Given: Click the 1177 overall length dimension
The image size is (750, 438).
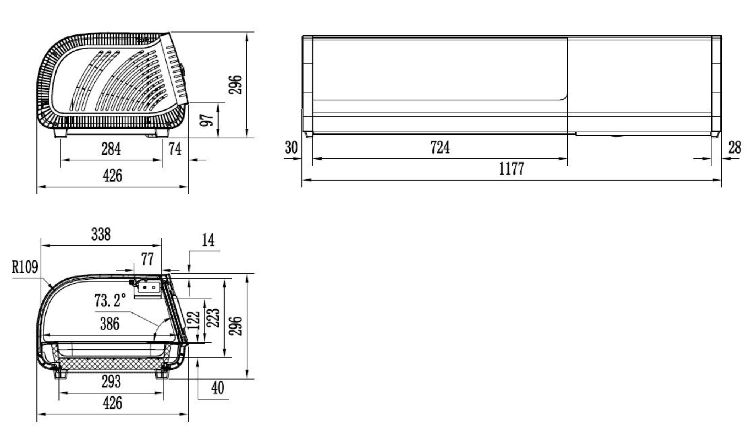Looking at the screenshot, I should pos(511,169).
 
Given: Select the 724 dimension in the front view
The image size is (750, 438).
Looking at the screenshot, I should pos(439,147).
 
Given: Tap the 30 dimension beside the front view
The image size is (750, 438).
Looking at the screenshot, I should pos(291,147).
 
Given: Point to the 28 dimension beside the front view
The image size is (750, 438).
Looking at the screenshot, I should pos(734,147).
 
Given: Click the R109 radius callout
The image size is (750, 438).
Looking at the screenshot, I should pos(25,267).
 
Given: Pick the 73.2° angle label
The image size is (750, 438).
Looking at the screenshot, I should pos(109,300).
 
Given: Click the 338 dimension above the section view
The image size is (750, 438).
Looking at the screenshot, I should pos(101,235).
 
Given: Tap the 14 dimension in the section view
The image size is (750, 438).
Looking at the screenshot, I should pos(208,240).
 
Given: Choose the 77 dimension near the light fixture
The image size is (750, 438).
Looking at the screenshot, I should pos(147,259).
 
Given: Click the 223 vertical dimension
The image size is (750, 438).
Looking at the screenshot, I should pos(214,318).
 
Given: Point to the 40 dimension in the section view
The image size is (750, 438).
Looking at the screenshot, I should pos(217,388).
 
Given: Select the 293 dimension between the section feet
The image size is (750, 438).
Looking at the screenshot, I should pos(111,382).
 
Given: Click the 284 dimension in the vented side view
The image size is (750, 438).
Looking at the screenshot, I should pos(111,149).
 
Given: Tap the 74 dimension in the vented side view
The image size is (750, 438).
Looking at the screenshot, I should pos(175,149).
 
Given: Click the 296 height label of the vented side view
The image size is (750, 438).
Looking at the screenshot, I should pos(235,85).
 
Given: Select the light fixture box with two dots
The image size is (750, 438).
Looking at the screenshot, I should pos(148,287).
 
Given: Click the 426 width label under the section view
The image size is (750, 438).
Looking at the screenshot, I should pos(112,403).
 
